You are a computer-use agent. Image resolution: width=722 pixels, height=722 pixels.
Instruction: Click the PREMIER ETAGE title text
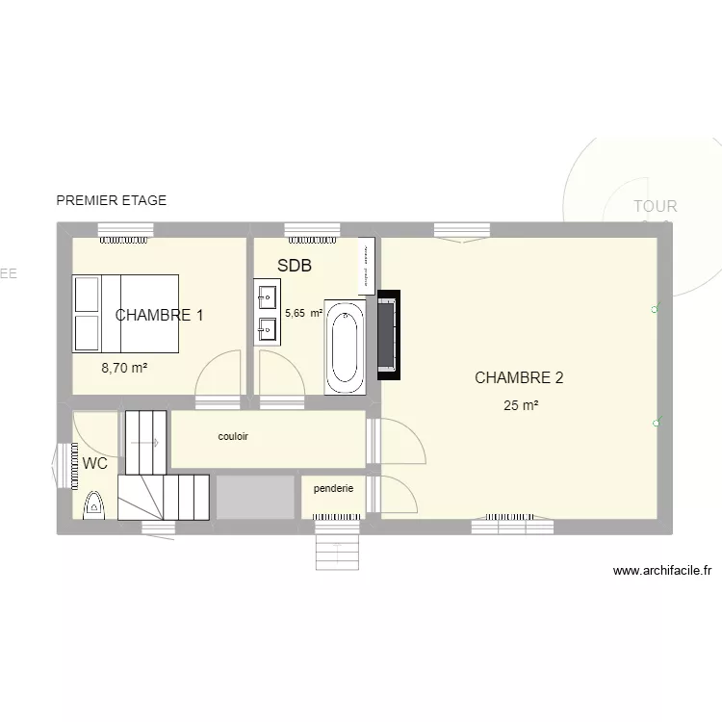(x=112, y=200)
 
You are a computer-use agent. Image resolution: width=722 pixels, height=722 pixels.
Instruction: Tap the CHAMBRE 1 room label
(x=159, y=315)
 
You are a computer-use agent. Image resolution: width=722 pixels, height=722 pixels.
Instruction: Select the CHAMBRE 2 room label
(x=519, y=377)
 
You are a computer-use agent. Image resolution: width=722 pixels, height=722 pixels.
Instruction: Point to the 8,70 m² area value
(x=125, y=368)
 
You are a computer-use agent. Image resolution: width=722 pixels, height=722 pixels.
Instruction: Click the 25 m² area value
(x=521, y=406)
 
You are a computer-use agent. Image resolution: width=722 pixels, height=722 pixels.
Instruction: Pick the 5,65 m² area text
(x=303, y=313)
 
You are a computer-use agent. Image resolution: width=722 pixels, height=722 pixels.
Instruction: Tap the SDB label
(x=295, y=266)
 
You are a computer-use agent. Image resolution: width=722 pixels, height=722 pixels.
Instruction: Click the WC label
(x=95, y=463)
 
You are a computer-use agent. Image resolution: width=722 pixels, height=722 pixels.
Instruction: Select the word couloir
(x=233, y=436)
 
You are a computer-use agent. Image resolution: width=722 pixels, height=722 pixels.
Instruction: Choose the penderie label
(x=333, y=488)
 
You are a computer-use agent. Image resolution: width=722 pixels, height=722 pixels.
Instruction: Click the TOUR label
(x=656, y=206)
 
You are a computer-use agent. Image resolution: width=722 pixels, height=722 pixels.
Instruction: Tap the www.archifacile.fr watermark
(x=661, y=570)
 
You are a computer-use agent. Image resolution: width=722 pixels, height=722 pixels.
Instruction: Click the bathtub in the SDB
(x=346, y=347)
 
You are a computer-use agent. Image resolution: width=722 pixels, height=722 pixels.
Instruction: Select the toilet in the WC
(x=94, y=503)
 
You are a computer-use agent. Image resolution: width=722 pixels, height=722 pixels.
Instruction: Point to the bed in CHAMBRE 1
(x=126, y=314)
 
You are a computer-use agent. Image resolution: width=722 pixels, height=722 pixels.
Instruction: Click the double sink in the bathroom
(x=267, y=312)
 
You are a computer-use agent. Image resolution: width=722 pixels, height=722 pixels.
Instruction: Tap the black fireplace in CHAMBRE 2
(x=389, y=335)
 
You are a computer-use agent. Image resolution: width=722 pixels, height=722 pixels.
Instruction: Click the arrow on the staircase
(x=145, y=442)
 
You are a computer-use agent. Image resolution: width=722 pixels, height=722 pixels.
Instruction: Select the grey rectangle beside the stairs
(x=254, y=497)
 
